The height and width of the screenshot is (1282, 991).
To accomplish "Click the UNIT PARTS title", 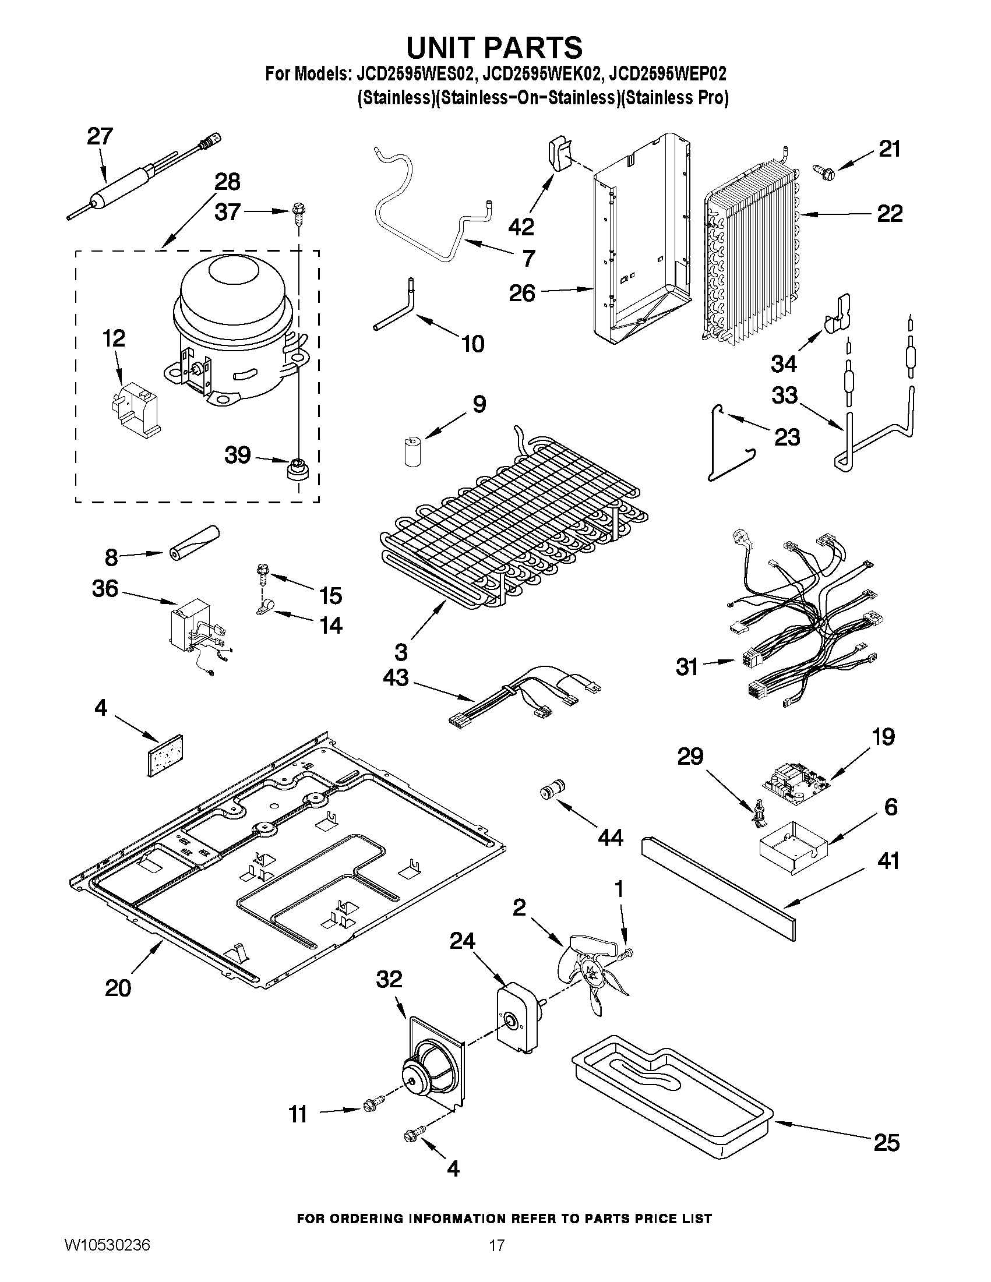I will coord(494,47).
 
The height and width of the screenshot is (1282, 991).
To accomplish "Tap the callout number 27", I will coord(100,136).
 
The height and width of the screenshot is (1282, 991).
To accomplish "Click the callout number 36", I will coord(105,588).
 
